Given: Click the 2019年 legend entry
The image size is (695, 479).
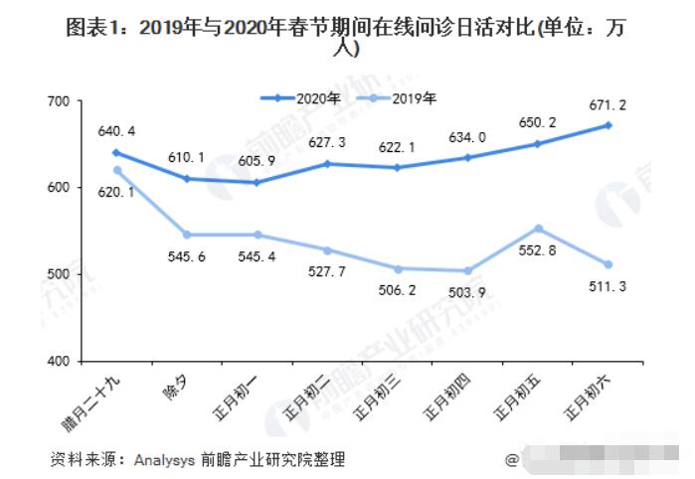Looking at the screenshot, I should coord(406,98).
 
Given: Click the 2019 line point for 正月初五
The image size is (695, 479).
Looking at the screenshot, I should coord(538,229).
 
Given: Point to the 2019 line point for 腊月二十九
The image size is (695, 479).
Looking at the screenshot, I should coord(116,170).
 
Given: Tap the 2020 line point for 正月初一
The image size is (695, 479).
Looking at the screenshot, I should coord(257,182).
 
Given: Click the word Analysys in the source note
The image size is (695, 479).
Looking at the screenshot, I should coord(165,459).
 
